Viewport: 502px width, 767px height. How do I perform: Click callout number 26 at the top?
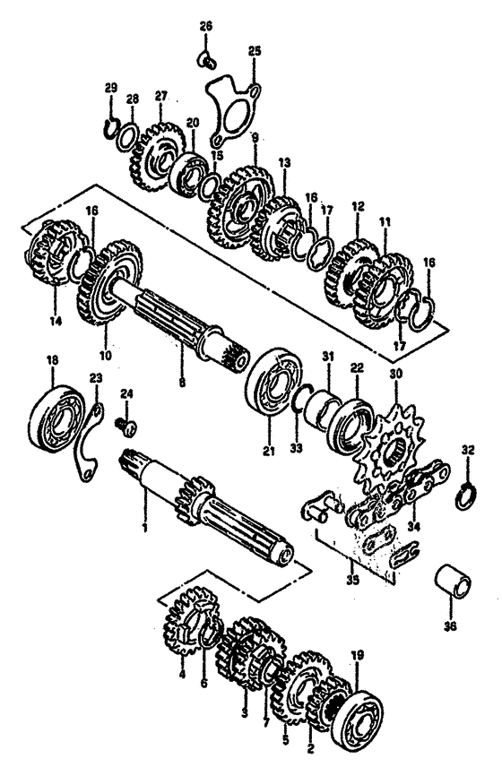point(205,26)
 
